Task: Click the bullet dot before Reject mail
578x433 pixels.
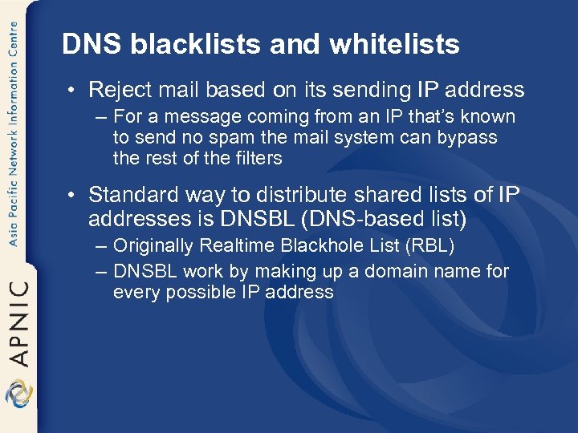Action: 73,91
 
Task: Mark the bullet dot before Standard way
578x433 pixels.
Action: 73,196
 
